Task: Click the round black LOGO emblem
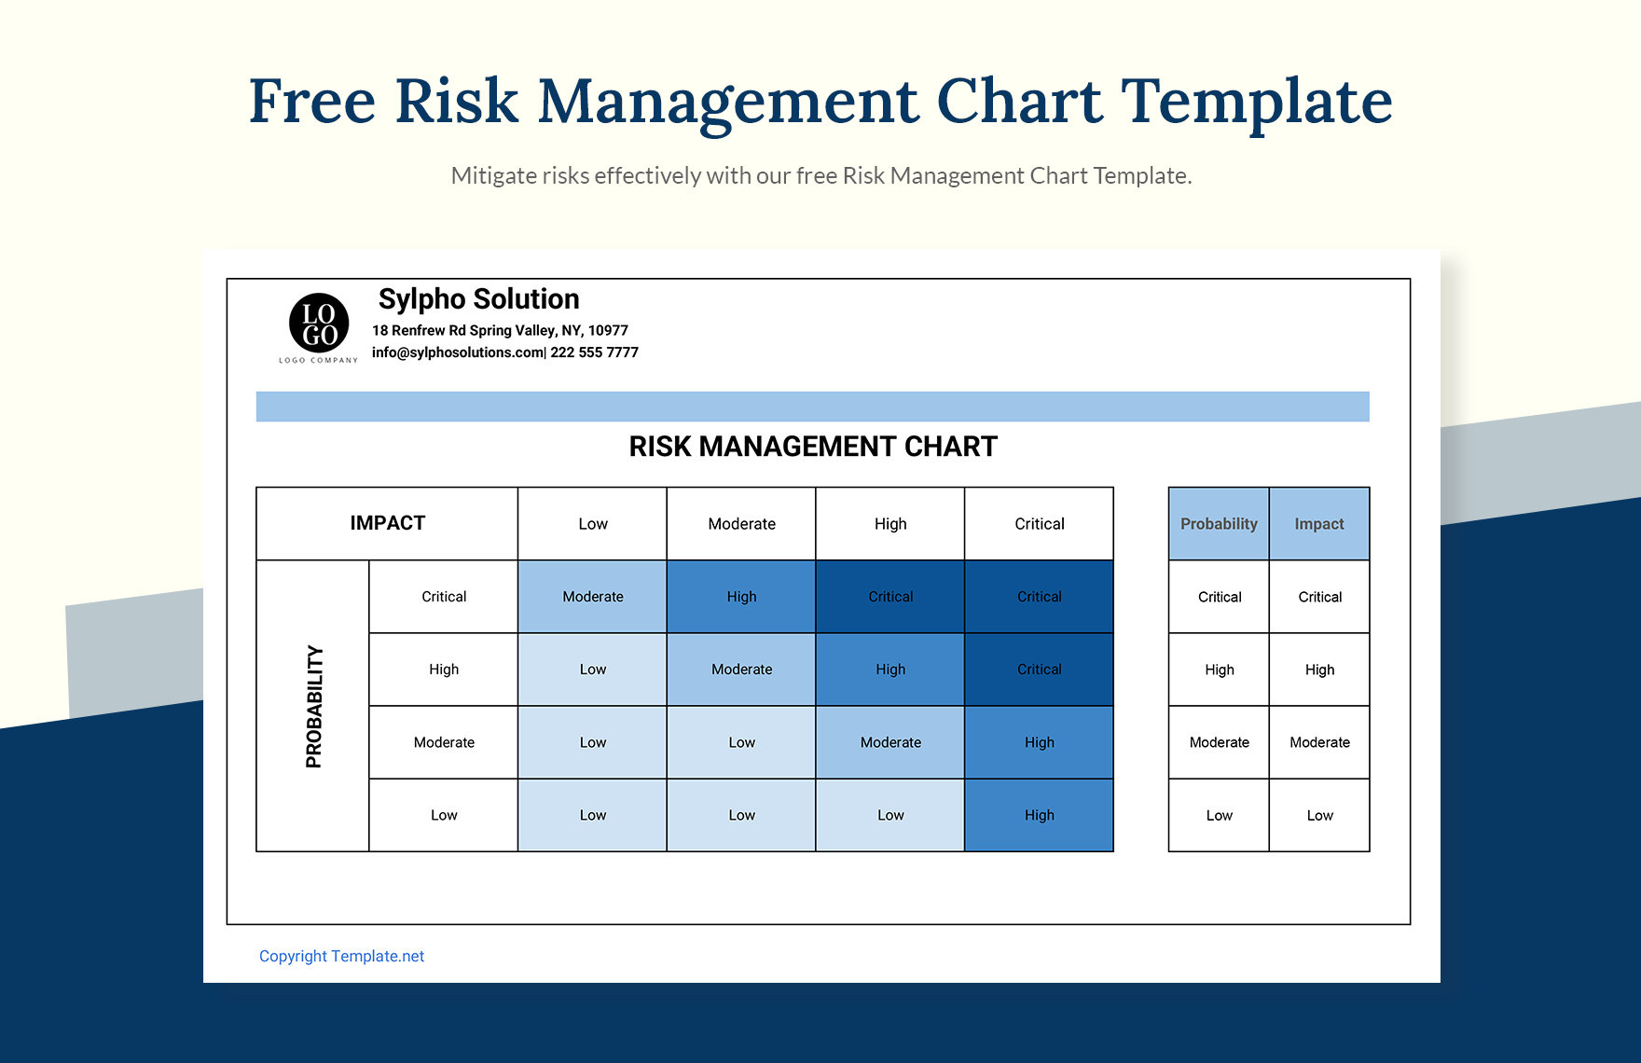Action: coord(319,323)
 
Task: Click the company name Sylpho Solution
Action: coord(478,299)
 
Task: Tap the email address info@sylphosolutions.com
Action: coord(457,352)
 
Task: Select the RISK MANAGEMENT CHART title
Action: coord(813,447)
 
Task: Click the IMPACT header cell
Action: coord(387,523)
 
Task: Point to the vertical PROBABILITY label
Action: coord(314,706)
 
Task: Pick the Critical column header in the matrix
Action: coord(1039,524)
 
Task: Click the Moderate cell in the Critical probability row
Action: coord(592,597)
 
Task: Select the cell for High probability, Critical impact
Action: coord(1039,670)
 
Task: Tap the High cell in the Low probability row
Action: coord(1039,815)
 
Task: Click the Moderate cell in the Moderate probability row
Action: coord(890,742)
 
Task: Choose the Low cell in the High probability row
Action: coord(592,670)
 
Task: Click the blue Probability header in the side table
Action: coord(1219,524)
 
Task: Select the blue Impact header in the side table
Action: coord(1318,524)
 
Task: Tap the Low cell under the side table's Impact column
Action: coord(1319,815)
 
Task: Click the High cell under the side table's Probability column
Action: coord(1219,670)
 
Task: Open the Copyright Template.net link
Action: coord(341,956)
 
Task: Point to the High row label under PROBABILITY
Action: coord(444,670)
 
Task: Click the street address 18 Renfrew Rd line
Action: coord(500,330)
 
